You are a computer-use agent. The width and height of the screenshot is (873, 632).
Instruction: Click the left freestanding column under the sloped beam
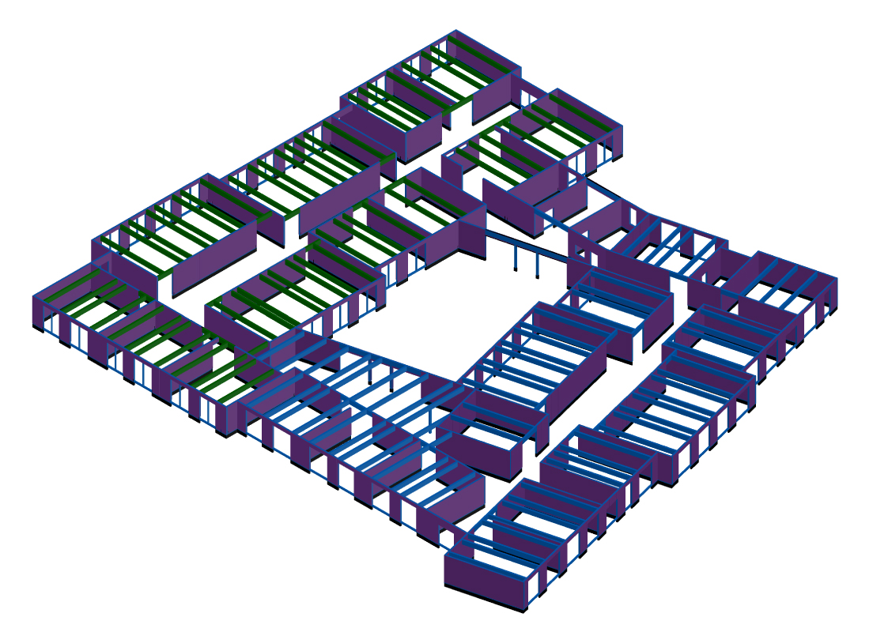[x=516, y=254]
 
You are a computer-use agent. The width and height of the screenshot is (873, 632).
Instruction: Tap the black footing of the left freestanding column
[x=516, y=269]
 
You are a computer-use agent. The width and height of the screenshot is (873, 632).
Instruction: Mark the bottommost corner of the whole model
[x=525, y=613]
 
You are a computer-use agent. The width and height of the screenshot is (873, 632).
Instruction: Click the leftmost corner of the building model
[x=33, y=298]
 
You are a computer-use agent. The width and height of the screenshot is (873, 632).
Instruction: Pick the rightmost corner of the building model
[x=837, y=280]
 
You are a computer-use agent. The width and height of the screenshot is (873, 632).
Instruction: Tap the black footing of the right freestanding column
[x=538, y=276]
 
